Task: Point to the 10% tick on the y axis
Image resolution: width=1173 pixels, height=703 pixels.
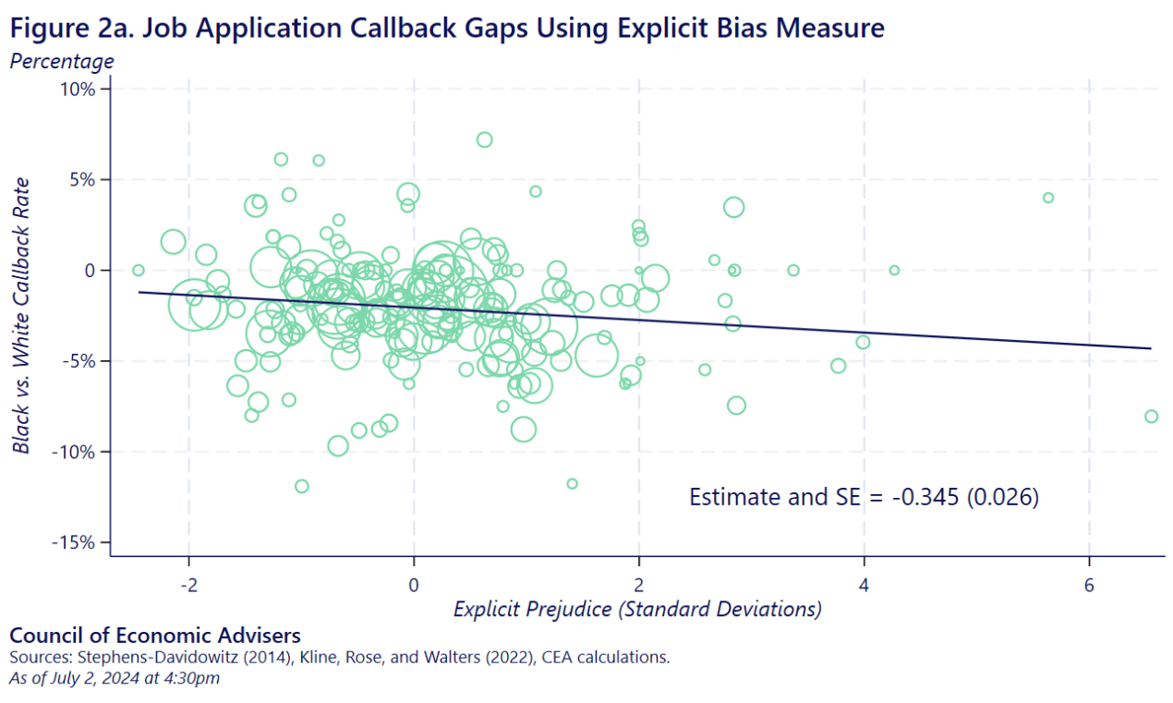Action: point(77,90)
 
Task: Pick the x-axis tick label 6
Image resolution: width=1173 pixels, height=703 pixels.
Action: point(1090,586)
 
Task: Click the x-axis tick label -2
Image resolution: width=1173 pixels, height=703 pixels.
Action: point(188,586)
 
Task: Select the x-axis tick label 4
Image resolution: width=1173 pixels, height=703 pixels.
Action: point(865,586)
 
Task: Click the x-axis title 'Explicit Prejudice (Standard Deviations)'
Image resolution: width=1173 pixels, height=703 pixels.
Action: point(637,610)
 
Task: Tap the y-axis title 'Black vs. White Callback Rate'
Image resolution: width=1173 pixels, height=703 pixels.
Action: point(20,315)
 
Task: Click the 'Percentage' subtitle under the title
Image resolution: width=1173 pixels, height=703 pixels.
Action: point(62,62)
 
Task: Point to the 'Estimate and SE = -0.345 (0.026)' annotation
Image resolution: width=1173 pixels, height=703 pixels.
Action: point(865,497)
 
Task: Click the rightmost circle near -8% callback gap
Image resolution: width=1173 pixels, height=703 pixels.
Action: point(1151,417)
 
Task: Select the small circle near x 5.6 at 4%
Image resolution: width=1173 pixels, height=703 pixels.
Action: point(1048,198)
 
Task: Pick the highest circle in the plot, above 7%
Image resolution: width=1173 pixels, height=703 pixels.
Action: point(484,139)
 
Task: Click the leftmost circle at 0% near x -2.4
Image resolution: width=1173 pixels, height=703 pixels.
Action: point(139,270)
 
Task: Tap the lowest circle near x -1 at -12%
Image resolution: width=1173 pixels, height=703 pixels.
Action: point(301,486)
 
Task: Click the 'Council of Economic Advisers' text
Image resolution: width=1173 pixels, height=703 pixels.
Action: point(154,636)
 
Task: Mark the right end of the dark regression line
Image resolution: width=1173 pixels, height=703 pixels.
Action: point(1151,348)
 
